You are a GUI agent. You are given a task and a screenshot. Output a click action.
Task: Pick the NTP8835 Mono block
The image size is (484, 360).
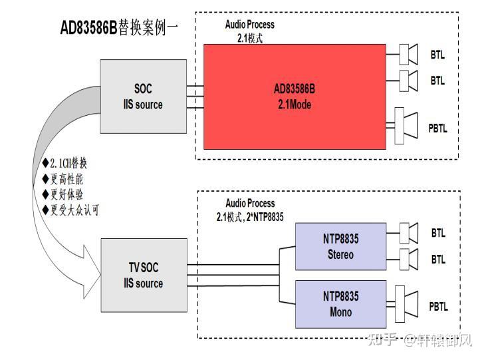tap(340, 305)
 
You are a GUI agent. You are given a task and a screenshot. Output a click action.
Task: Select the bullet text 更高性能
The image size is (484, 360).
tap(62, 178)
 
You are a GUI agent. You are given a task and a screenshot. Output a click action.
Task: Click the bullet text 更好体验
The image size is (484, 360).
tap(62, 194)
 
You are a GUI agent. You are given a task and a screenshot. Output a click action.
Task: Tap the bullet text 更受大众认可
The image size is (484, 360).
tap(70, 210)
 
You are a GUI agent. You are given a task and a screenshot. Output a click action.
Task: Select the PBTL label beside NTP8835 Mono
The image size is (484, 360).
tap(438, 307)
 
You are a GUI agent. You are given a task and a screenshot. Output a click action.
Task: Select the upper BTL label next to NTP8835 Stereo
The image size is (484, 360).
tap(438, 233)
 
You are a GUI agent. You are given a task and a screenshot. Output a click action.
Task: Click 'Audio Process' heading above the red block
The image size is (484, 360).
tap(249, 25)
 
